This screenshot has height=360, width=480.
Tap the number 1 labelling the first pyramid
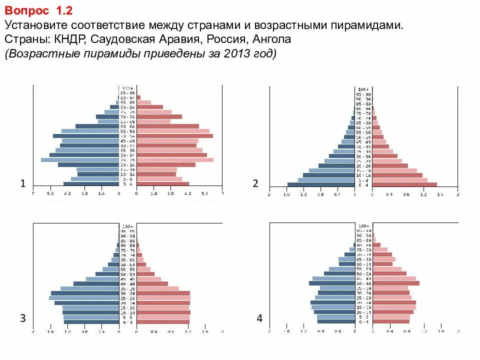point(22,184)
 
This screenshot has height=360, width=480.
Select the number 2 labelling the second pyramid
point(255,184)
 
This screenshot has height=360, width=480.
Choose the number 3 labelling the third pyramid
point(22,318)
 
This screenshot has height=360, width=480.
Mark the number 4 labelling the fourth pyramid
point(259,318)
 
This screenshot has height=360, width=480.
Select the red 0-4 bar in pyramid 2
point(405,185)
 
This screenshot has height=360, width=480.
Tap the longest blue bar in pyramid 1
point(79,160)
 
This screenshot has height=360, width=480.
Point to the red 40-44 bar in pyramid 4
point(396,283)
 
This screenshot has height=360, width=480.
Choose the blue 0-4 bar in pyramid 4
point(336,321)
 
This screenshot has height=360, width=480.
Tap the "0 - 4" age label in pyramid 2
point(363,185)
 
